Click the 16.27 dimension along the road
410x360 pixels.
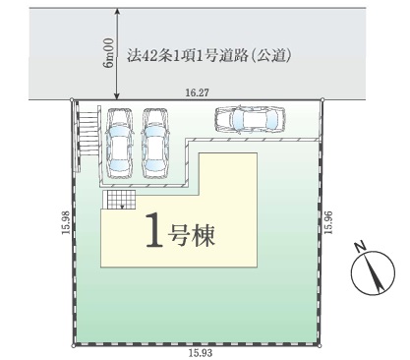[197, 92]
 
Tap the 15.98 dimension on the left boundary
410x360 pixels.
[66, 222]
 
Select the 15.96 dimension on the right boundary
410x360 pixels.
[328, 222]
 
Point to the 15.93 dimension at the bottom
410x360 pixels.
[201, 353]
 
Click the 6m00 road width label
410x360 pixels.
[108, 53]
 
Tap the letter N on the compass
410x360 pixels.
[360, 247]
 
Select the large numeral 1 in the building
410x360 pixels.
[154, 229]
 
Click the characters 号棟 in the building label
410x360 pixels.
[192, 235]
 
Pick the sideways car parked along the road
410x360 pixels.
[250, 119]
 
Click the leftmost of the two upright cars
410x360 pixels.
[119, 144]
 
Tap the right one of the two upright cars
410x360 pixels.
[154, 144]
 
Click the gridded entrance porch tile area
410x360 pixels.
[119, 200]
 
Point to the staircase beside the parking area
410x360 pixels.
[88, 131]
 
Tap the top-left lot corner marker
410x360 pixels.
[72, 99]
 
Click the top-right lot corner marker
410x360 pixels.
[322, 99]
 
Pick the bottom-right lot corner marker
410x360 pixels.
[321, 345]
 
